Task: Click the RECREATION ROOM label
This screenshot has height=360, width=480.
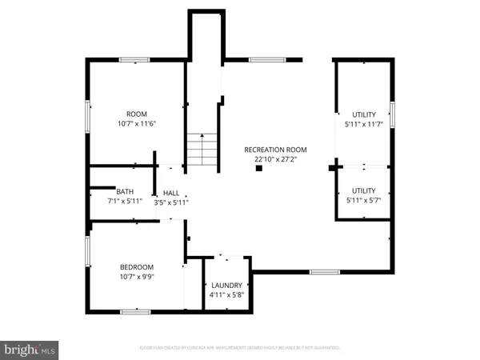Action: click(275, 150)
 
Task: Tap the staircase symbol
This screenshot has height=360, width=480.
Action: click(202, 150)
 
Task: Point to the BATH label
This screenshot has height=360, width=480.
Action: click(125, 191)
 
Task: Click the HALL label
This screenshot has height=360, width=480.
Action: click(171, 193)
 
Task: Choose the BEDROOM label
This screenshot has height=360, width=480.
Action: click(137, 267)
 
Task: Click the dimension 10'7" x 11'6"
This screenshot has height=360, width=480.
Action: click(137, 125)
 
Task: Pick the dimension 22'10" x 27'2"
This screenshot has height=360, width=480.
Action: click(275, 159)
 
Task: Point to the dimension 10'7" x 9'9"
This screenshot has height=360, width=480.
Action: click(137, 277)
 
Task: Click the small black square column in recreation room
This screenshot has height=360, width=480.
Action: click(258, 168)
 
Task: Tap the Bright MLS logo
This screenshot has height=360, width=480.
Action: click(30, 349)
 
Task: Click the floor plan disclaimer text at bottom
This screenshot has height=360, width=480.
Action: click(239, 348)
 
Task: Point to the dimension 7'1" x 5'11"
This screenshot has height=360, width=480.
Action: click(125, 201)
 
